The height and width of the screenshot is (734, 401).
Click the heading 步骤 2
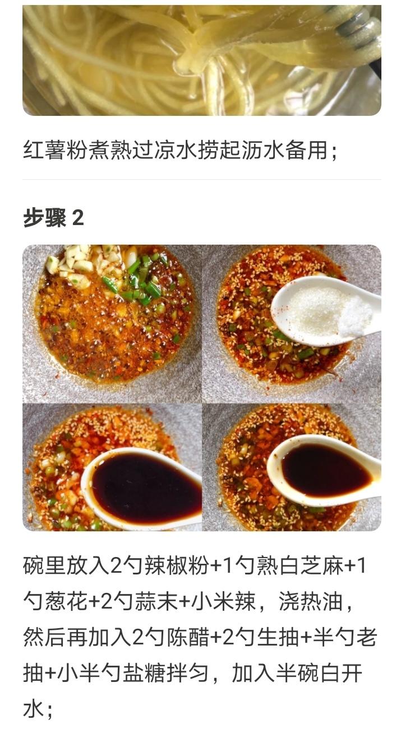point(53,218)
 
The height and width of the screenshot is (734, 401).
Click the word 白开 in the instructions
point(345,672)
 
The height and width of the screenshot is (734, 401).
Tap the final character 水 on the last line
point(34,708)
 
